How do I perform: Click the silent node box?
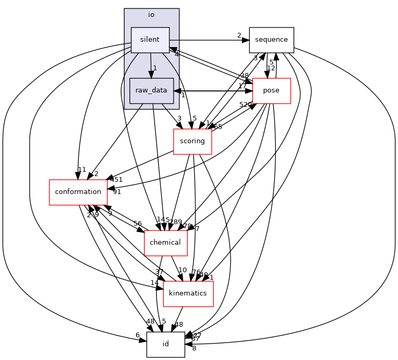(x=150, y=40)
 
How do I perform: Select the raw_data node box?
(x=151, y=90)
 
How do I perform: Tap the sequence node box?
(x=272, y=40)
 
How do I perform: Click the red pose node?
(x=272, y=90)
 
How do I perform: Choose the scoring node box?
(x=193, y=141)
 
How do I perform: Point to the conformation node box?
(x=78, y=192)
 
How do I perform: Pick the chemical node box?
(x=166, y=243)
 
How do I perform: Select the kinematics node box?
(x=188, y=293)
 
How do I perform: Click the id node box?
(x=166, y=344)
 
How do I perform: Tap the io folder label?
(x=151, y=15)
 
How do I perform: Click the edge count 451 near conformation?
(x=116, y=180)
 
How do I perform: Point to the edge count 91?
(x=116, y=192)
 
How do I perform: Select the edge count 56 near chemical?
(x=138, y=224)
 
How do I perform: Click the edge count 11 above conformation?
(x=82, y=170)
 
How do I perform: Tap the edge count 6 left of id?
(x=138, y=335)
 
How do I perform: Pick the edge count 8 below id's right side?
(x=194, y=348)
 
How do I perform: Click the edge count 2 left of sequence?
(x=239, y=35)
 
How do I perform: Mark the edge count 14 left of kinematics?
(x=154, y=283)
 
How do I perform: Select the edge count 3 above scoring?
(x=179, y=119)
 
